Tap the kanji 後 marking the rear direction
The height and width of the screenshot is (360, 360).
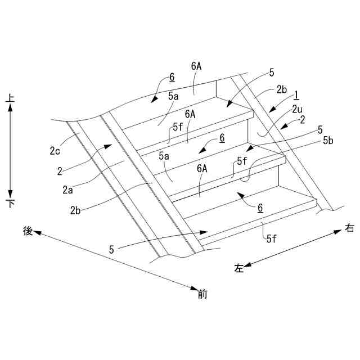27,231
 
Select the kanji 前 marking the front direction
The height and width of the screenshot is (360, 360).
202,293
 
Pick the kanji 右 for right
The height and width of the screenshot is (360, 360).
349,229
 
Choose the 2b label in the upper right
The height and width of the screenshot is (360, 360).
281,89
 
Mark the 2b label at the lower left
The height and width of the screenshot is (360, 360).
76,210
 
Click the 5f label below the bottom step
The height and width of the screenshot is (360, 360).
271,238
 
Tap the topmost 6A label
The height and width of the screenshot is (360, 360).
196,66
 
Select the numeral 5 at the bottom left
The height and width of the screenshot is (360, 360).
111,249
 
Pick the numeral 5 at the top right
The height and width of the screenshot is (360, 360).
272,72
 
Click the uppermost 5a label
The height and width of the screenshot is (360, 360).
173,97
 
